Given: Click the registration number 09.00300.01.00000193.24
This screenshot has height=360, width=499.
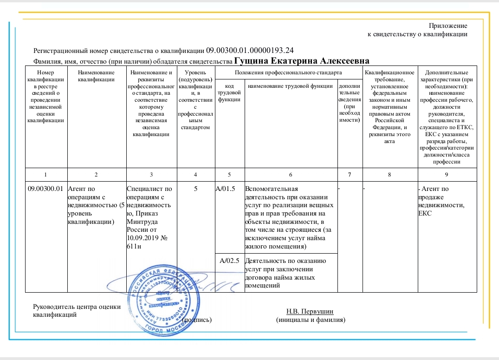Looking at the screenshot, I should (250, 50).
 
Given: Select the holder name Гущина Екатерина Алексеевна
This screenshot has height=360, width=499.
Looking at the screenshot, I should (302, 61).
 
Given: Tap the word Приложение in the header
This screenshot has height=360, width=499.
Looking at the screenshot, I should (448, 26).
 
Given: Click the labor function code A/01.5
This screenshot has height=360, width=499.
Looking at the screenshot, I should (227, 188).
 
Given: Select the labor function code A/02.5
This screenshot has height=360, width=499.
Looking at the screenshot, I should (229, 260).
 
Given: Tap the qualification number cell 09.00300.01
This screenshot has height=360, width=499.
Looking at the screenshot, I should (45, 188).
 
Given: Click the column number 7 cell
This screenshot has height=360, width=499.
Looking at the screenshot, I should (349, 174).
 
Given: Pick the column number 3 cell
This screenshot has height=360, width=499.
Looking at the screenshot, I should (151, 174).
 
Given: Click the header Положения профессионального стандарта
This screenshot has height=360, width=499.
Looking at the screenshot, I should (288, 72).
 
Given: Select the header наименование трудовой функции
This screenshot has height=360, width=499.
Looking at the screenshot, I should (290, 86).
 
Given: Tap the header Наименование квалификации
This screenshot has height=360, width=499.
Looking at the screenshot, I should (96, 76).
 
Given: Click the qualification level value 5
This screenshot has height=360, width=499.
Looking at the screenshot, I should (195, 188).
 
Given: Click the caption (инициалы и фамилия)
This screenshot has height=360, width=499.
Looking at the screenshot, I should (311, 320).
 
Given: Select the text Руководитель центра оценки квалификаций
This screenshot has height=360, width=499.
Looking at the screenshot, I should (77, 310).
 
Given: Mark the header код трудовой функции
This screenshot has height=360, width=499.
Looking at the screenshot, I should (228, 92).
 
